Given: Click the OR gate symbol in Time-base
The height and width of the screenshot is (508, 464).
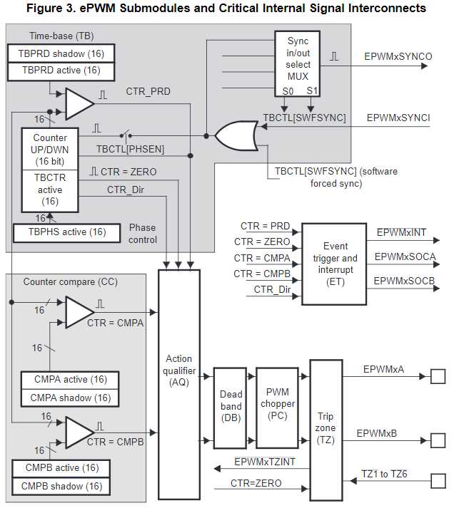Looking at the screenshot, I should [x=236, y=135].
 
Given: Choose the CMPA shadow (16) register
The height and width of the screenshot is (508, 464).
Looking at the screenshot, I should [x=66, y=398].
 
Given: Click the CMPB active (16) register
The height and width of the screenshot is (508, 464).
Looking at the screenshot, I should [x=61, y=468].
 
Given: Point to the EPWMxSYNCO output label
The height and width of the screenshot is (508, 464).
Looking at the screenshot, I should [x=398, y=56].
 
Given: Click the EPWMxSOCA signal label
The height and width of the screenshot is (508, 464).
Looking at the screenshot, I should [x=405, y=256].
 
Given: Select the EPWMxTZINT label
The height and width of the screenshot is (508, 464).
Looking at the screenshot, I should [x=265, y=462].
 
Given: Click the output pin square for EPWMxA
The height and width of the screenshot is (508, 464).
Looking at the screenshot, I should [x=437, y=376].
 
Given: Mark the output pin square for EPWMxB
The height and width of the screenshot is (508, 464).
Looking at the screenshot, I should [x=437, y=440].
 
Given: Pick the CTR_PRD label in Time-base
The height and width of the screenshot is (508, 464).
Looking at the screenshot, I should [x=148, y=91].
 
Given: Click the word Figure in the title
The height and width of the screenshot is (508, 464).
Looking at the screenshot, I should [x=44, y=8].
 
